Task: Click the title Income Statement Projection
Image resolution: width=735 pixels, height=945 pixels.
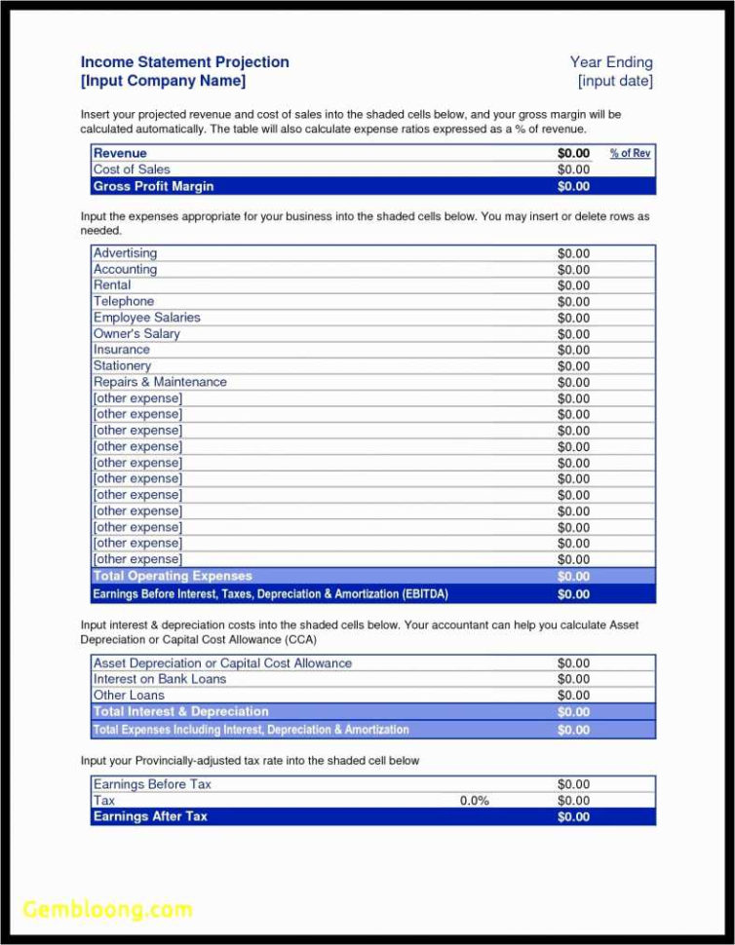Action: pos(184,62)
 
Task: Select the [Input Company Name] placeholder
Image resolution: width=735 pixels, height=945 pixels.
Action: pos(163,81)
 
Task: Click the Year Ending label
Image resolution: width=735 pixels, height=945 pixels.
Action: pos(611,62)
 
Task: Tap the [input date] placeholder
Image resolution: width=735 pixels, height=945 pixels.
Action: pos(615,81)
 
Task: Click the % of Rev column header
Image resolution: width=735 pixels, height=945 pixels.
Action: pos(630,153)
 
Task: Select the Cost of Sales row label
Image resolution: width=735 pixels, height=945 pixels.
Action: pos(132,170)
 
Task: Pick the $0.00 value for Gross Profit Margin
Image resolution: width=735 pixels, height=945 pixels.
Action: pos(573,186)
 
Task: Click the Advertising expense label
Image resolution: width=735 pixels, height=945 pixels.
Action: pos(125,253)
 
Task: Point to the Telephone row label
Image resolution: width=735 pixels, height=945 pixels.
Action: pos(124,301)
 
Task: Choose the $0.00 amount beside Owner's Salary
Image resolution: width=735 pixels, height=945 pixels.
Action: pos(573,334)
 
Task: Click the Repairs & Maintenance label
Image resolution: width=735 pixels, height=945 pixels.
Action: pos(160,382)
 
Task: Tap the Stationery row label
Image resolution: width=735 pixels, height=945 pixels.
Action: pos(122,365)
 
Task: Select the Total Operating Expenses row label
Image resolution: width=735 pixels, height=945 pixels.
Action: pos(173,576)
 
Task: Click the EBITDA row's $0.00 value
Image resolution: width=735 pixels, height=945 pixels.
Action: pos(573,593)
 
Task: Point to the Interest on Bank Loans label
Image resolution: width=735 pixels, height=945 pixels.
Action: pos(159,679)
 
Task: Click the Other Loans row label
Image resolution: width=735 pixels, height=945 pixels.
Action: pos(129,695)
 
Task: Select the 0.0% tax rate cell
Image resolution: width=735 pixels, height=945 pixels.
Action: pos(474,801)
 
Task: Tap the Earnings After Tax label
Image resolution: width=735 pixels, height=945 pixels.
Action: pos(150,816)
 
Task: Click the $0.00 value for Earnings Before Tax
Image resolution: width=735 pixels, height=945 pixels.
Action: pos(573,784)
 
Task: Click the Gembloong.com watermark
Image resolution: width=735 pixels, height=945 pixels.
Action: pos(107,909)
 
